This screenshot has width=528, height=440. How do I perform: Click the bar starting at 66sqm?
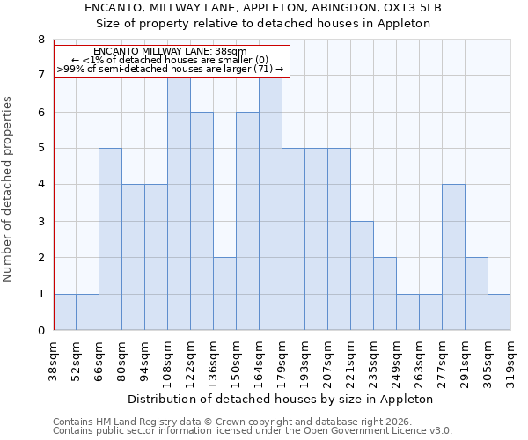pos(110,239)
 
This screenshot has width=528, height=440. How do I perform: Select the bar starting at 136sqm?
pos(224,294)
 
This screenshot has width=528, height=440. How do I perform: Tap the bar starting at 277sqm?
pos(453,257)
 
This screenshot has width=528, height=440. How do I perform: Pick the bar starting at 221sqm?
pos(362,275)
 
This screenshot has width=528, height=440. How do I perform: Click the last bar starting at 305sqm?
pos(499,312)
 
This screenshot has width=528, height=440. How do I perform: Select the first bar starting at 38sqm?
pos(64,312)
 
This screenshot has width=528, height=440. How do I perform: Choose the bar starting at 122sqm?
pos(202,221)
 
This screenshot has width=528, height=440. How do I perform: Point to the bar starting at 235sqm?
pos(385,294)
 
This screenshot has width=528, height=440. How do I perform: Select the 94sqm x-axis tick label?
pos(145,359)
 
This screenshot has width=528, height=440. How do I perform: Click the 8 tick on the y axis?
pos(40,40)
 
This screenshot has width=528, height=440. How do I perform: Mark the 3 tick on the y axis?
pos(40,221)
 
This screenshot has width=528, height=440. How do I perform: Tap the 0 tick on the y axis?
pos(40,331)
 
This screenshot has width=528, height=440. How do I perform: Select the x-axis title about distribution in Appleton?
pos(281,399)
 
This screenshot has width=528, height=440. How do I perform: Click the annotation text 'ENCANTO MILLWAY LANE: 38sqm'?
pos(170,52)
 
